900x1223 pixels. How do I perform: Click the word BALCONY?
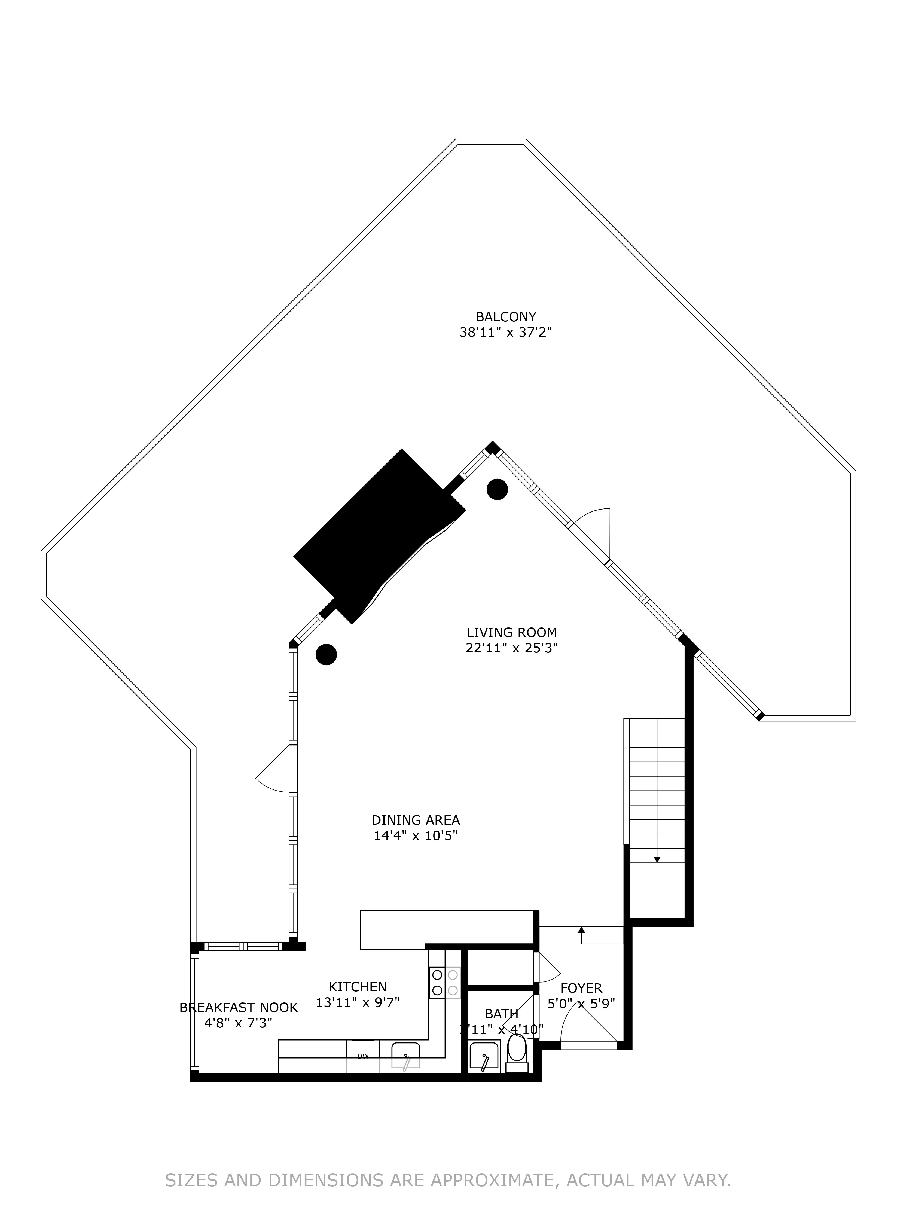coord(506,316)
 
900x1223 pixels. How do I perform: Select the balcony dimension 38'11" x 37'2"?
coord(506,332)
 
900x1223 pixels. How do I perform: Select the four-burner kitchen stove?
coord(444,982)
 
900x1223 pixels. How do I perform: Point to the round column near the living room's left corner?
coord(326,654)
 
